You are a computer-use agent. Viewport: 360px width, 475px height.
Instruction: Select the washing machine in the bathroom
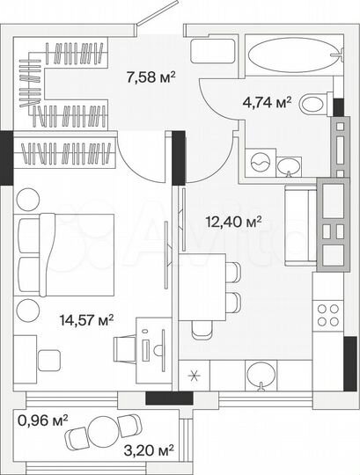pos(261,163)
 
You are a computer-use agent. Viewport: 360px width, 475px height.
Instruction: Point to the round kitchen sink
pos(260,376)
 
